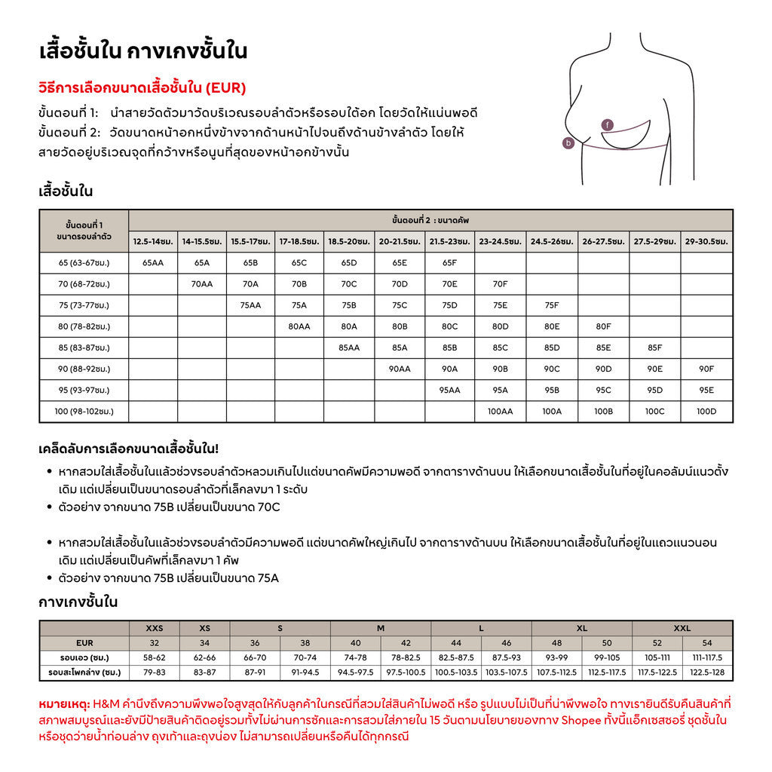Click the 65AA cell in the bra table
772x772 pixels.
coord(153,263)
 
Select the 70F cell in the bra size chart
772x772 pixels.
coord(500,284)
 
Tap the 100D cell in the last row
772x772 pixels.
coord(706,412)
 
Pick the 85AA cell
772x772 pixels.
coord(348,348)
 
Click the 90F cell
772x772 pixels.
coord(706,369)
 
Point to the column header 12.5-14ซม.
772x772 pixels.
coord(153,242)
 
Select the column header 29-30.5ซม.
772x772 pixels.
coord(706,242)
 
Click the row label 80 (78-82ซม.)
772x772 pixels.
coord(84,327)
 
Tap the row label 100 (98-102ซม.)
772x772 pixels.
coord(84,412)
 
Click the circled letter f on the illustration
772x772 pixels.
coord(608,124)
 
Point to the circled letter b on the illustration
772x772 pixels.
coord(569,142)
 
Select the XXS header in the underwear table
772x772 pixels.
coord(154,628)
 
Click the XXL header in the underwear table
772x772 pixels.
coord(682,628)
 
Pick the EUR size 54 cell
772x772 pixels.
coord(707,643)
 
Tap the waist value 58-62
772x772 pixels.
coord(154,657)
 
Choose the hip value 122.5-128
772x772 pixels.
coord(707,672)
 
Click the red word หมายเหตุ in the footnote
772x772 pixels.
coord(63,703)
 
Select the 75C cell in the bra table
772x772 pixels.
coord(400,306)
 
